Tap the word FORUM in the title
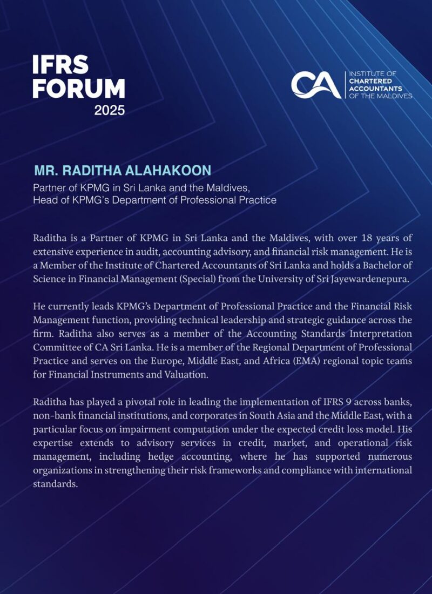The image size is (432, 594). pyautogui.click(x=79, y=88)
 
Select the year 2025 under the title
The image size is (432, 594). pyautogui.click(x=110, y=111)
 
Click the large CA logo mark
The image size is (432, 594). pyautogui.click(x=316, y=85)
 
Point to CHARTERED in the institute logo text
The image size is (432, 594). pyautogui.click(x=369, y=80)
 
